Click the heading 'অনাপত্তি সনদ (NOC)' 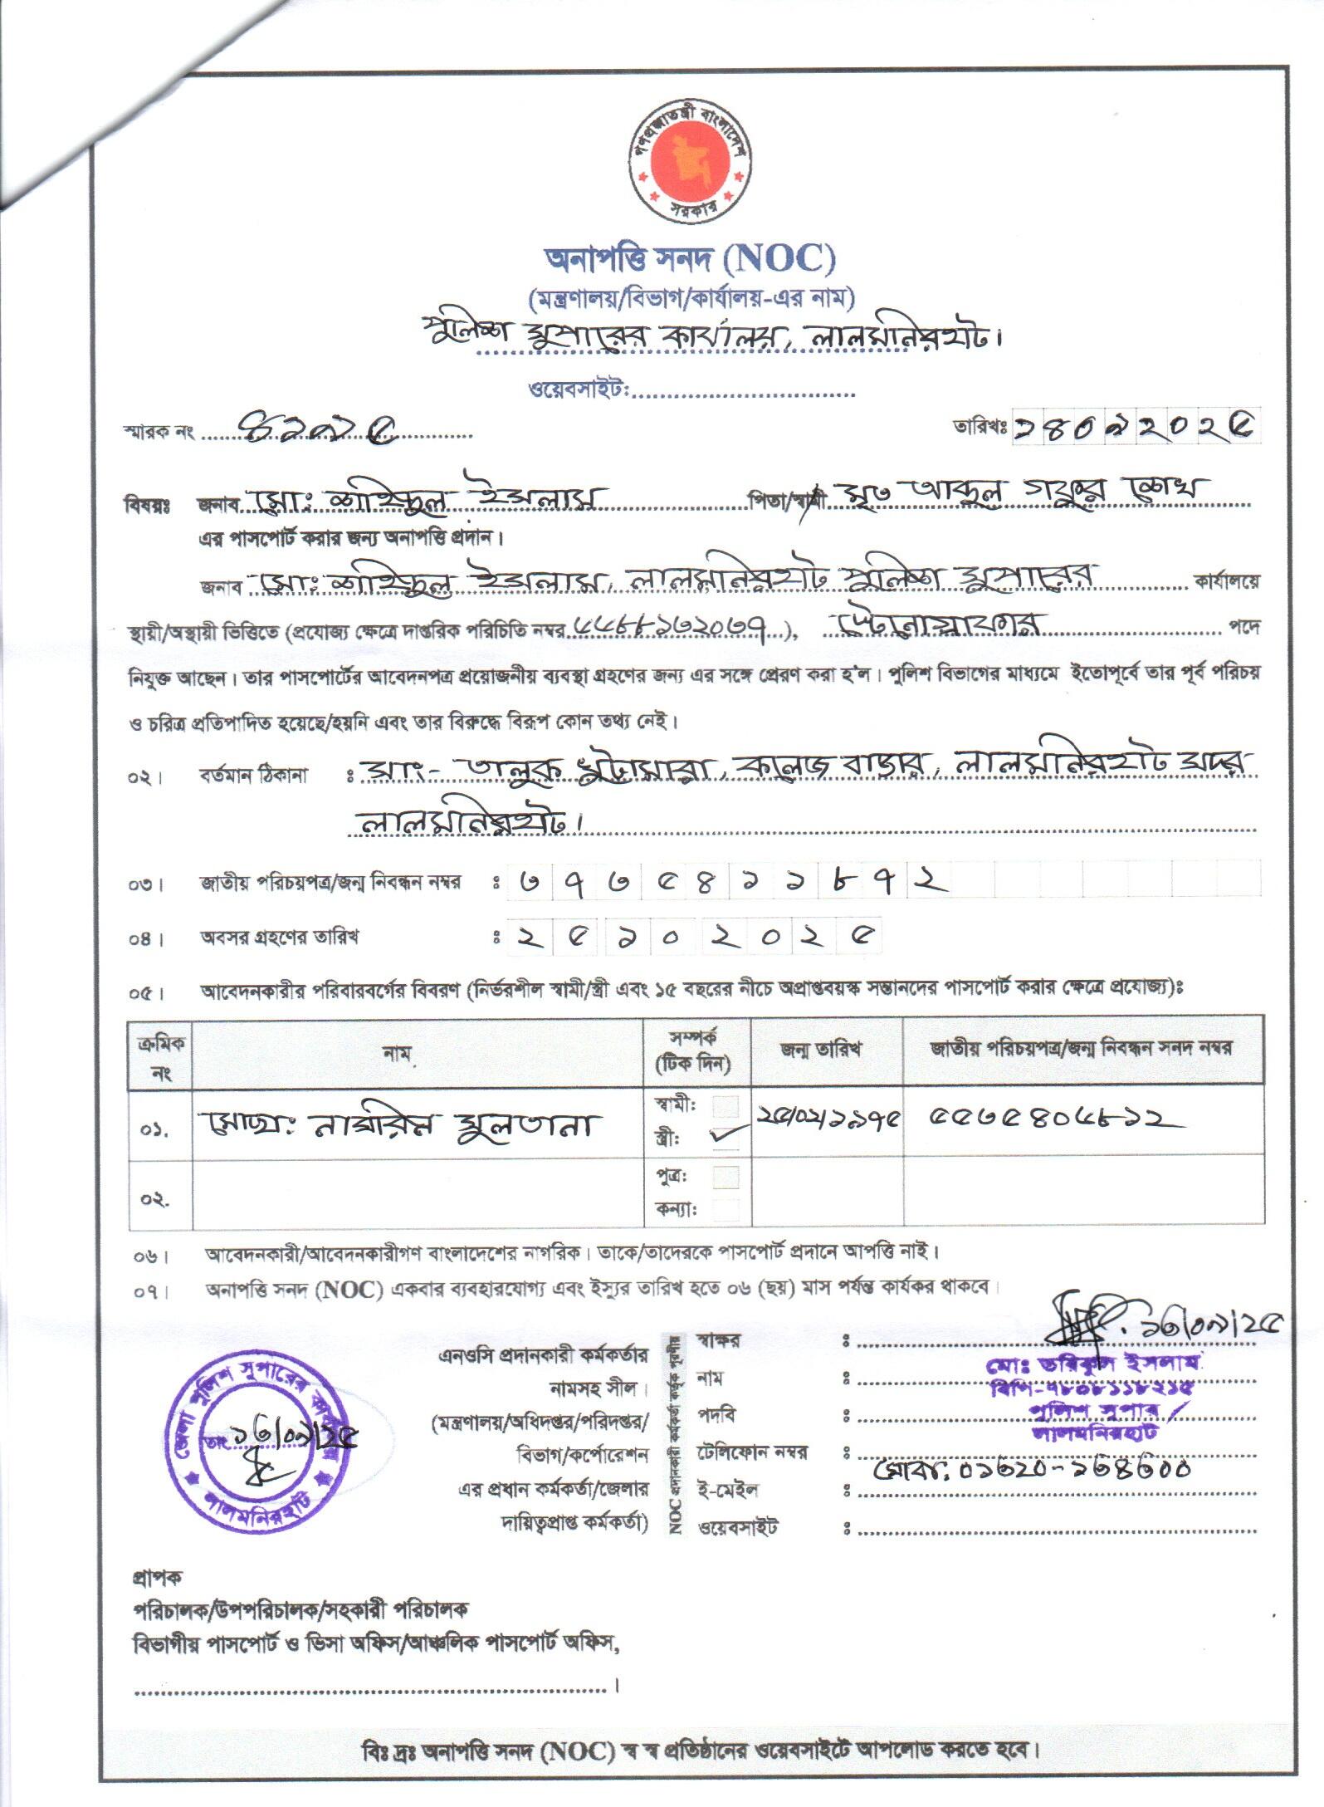pyautogui.click(x=689, y=260)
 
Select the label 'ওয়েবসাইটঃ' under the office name pyautogui.click(x=579, y=389)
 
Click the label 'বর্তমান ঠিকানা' pyautogui.click(x=253, y=776)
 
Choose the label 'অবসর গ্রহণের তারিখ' pyautogui.click(x=279, y=938)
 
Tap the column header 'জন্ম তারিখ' pyautogui.click(x=819, y=1049)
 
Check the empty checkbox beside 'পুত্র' pyautogui.click(x=726, y=1177)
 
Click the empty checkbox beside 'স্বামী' pyautogui.click(x=726, y=1107)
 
